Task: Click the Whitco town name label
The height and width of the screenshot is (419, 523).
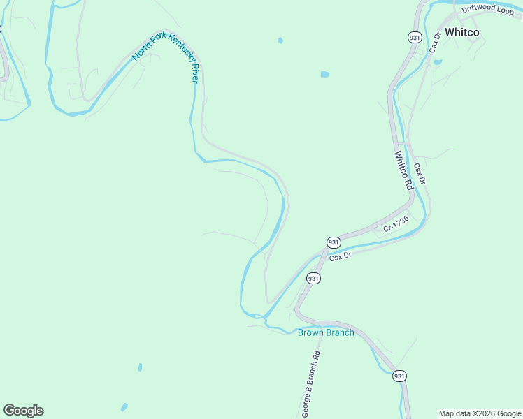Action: click(461, 32)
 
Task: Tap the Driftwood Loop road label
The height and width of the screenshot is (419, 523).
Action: click(488, 10)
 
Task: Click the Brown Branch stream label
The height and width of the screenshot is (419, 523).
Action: click(326, 332)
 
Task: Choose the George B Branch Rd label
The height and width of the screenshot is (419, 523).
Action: click(310, 384)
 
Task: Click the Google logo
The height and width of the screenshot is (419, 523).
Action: click(23, 411)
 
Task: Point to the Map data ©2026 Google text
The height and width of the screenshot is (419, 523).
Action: click(480, 413)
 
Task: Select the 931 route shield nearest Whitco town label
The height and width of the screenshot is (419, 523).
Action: click(415, 36)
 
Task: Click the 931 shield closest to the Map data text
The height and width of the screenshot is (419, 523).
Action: click(399, 376)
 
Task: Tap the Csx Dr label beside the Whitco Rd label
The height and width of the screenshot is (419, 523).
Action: click(420, 174)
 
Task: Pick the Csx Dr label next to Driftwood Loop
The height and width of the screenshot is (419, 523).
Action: click(435, 42)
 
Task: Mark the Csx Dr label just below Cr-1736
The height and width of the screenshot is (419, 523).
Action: click(340, 256)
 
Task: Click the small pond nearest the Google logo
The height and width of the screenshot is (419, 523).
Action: click(124, 407)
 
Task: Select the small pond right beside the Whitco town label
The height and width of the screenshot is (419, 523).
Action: click(438, 62)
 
